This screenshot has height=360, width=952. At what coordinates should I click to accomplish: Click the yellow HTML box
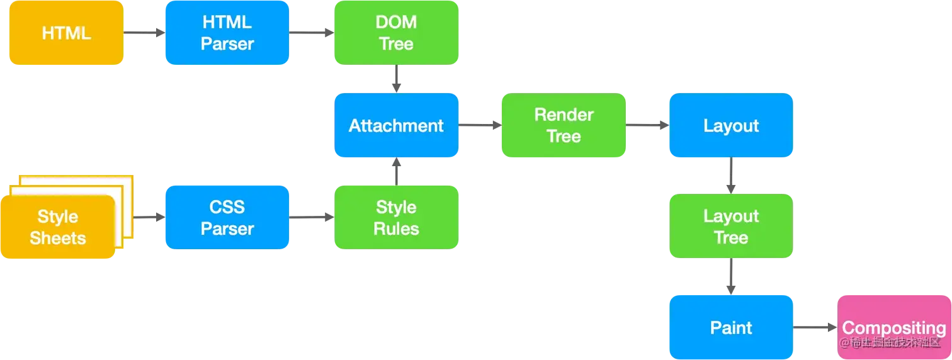[x=66, y=33]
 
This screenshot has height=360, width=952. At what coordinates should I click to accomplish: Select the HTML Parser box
[x=227, y=33]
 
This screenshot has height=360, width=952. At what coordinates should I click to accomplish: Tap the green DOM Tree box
[x=396, y=33]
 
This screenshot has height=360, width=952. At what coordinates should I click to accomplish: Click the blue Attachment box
[x=396, y=125]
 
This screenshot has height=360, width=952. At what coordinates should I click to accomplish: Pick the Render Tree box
[x=564, y=125]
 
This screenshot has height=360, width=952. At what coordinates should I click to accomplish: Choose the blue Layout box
[x=730, y=125]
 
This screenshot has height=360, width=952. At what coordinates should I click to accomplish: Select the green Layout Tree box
[x=730, y=227]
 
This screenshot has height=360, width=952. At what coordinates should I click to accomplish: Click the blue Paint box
[x=730, y=327]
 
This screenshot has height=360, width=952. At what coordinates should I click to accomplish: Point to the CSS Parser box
[x=227, y=218]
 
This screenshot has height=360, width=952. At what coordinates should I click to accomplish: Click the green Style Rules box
[x=396, y=218]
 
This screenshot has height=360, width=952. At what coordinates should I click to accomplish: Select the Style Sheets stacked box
[x=60, y=227]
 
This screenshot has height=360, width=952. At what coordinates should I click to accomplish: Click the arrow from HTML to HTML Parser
[x=144, y=31]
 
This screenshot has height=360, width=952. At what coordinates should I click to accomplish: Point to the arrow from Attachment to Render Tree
[x=480, y=125]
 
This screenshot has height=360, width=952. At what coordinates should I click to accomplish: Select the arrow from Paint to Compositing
[x=816, y=327]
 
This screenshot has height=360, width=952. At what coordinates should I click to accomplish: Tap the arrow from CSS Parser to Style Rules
[x=312, y=218]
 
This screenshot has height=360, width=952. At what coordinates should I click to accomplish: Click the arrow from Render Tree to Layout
[x=647, y=125]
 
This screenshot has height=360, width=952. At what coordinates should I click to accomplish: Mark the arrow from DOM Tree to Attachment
[x=396, y=79]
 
